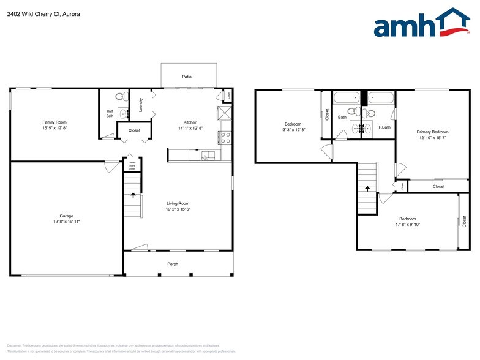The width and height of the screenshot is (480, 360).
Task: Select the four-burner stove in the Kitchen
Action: (x=225, y=138)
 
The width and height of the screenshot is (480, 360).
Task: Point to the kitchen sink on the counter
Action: (x=208, y=155)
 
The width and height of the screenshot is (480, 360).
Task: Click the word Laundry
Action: (x=141, y=105)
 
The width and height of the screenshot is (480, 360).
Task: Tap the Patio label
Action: (x=187, y=77)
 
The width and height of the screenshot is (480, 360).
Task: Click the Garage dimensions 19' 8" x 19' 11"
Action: (x=67, y=221)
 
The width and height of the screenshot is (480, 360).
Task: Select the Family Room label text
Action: (x=54, y=122)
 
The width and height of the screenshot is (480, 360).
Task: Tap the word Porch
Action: (x=173, y=264)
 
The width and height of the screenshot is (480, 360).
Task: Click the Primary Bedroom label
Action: (x=432, y=132)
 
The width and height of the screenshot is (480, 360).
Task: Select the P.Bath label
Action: (x=384, y=127)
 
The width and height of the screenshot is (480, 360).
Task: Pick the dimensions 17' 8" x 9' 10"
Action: (x=407, y=225)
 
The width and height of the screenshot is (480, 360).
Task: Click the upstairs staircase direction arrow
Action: (x=366, y=189)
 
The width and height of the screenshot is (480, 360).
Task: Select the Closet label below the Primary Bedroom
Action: (x=438, y=186)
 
